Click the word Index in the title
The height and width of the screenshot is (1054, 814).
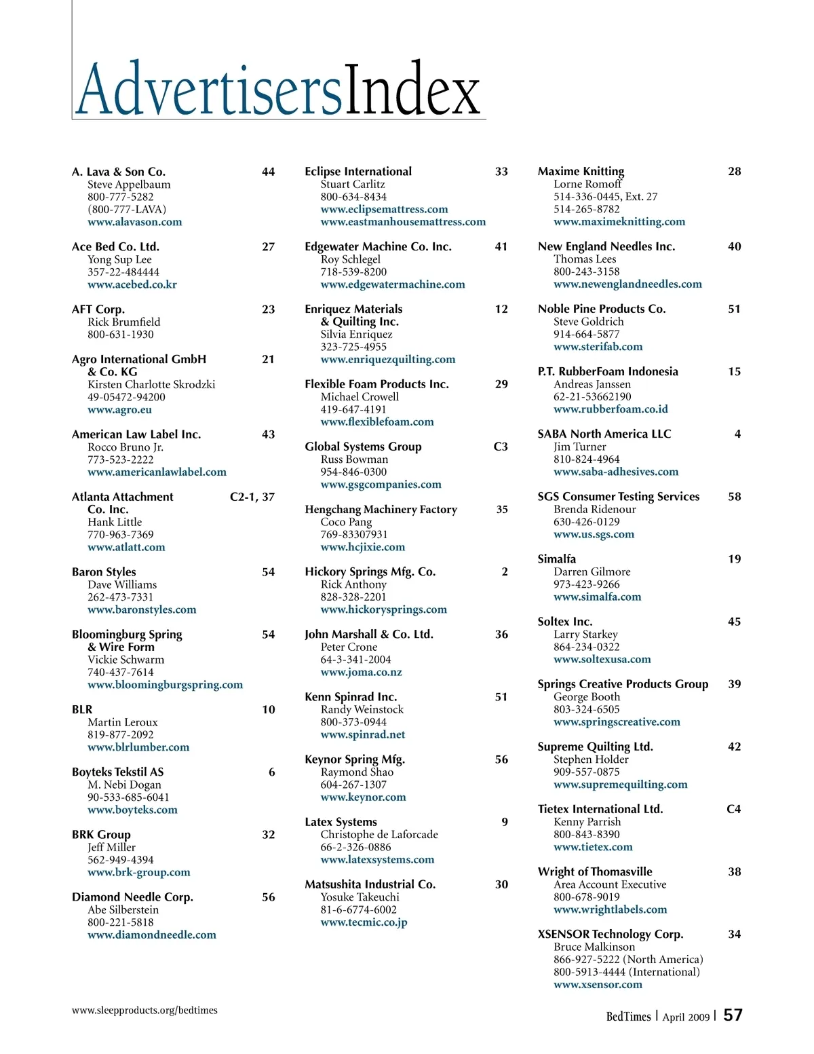tap(412, 90)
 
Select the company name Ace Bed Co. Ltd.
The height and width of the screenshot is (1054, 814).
tap(115, 246)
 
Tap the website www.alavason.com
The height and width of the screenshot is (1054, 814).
tap(134, 222)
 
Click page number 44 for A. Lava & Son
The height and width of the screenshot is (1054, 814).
tap(268, 172)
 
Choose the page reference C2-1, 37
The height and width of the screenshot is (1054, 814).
tap(252, 497)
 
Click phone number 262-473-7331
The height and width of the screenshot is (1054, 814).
tap(120, 597)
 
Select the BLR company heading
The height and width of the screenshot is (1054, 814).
tap(82, 709)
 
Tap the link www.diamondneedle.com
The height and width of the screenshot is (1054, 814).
tap(152, 935)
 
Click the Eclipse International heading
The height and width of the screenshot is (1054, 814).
tap(358, 172)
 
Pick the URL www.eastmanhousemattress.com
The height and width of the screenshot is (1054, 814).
tap(403, 222)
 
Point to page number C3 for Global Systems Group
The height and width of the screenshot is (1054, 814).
tap(501, 447)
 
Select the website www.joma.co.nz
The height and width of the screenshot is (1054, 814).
tap(361, 672)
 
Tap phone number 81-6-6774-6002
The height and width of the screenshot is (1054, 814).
tap(358, 909)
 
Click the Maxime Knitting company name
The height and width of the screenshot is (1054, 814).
tap(581, 172)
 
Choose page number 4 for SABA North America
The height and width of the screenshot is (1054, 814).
tap(737, 434)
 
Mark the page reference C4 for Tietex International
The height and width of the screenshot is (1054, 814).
tap(733, 809)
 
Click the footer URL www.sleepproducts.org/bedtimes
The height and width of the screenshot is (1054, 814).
tap(144, 1010)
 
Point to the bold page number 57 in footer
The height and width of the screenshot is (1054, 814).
tap(733, 1015)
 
